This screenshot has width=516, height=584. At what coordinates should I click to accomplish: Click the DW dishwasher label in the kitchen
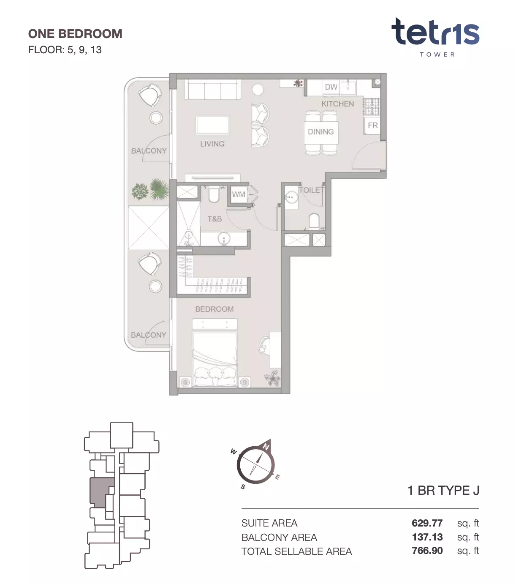[x=331, y=87]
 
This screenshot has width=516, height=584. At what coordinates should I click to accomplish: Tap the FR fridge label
[x=372, y=125]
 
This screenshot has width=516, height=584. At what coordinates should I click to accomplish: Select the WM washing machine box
[x=239, y=194]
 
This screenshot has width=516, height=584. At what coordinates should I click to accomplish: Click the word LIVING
[x=212, y=144]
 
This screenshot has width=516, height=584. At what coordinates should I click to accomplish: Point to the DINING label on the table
[x=320, y=132]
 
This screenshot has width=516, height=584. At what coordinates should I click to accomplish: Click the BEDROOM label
[x=215, y=309]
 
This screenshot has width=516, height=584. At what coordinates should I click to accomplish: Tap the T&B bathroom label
[x=215, y=219]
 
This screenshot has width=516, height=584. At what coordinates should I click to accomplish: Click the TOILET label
[x=312, y=190]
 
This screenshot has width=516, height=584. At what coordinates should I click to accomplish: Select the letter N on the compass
[x=266, y=447]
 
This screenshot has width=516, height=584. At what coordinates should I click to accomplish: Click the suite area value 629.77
[x=427, y=523]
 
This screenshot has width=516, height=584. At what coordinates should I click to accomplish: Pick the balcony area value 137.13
[x=427, y=537]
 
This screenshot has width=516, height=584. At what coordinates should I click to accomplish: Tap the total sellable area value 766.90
[x=427, y=551]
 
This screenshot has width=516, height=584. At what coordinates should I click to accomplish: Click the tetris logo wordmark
[x=435, y=32]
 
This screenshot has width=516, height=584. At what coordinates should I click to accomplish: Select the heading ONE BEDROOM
[x=75, y=34]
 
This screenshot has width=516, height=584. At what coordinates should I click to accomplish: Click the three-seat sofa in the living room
[x=213, y=89]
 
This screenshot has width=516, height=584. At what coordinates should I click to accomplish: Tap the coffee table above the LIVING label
[x=213, y=125]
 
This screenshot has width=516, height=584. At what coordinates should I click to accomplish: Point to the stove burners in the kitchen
[x=371, y=107]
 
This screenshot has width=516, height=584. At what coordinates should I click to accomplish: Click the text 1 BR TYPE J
[x=443, y=491]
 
